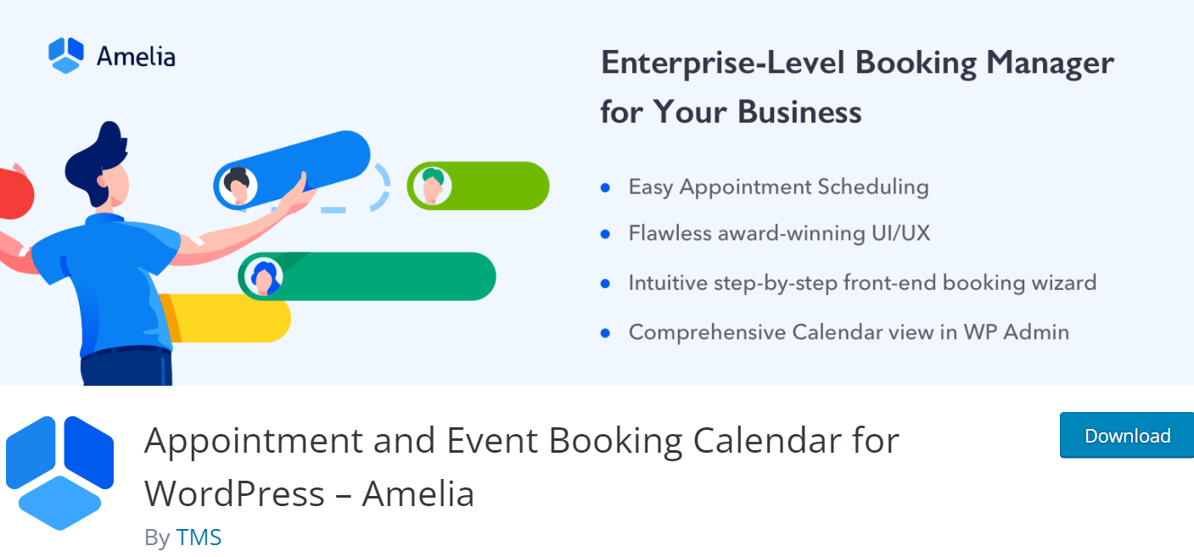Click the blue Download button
point(1127,435)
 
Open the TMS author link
point(199,538)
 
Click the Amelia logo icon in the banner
point(66,55)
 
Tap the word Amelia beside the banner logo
point(136,57)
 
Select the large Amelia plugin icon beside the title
point(59,473)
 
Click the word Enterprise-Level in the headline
point(723,64)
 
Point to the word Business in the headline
point(799,112)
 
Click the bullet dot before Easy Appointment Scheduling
point(605,187)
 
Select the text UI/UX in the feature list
point(901,233)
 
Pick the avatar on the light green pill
point(432,186)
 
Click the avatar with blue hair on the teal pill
point(263,277)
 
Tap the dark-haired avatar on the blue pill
point(238,186)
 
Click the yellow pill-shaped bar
point(229,319)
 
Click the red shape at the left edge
point(15,192)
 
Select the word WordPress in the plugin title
point(234,493)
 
